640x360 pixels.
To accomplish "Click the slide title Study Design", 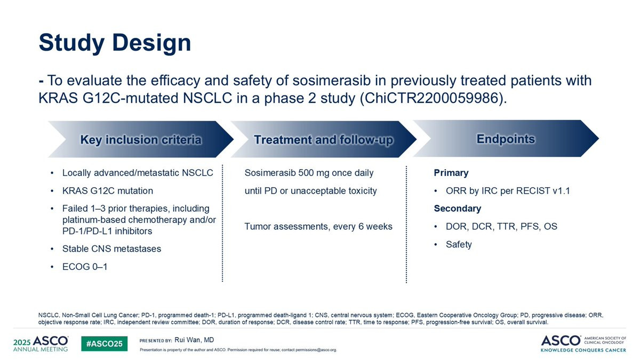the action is tap(115, 43).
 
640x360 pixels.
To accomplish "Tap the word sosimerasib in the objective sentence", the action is tap(331, 81).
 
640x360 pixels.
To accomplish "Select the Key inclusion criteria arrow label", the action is tap(141, 140).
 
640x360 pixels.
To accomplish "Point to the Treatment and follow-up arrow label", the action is tap(323, 140).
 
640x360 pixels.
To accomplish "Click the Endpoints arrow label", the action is tap(506, 139).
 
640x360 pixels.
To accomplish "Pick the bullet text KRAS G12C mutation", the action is tap(108, 190).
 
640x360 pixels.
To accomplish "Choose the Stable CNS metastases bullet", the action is tap(111, 249).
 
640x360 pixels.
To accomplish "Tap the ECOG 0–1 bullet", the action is tap(85, 267).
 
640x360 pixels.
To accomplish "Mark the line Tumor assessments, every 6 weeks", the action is tap(318, 226).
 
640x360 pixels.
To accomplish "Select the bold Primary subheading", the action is tap(451, 173).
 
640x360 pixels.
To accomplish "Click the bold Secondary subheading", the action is tap(458, 209).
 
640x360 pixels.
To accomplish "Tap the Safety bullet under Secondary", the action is tap(459, 244).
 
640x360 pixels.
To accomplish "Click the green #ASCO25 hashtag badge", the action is tap(105, 343).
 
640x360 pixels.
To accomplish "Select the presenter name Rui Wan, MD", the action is tap(194, 340).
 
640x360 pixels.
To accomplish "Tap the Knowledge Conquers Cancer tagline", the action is tap(583, 350).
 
